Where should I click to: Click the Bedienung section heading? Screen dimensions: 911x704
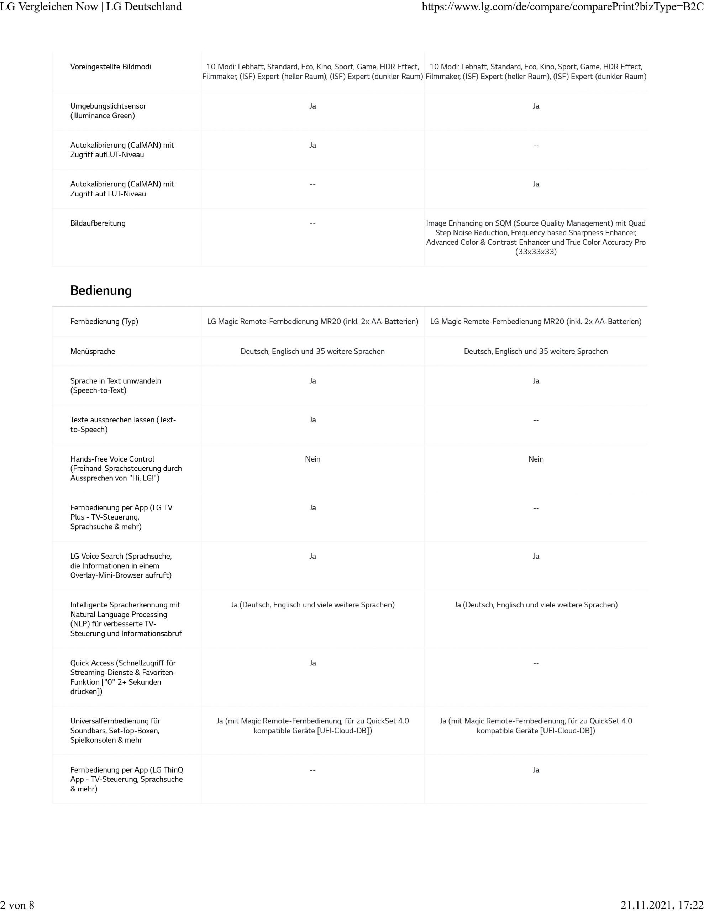(x=101, y=290)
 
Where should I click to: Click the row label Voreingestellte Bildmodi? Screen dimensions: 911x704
(x=111, y=67)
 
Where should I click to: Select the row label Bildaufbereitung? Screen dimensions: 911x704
(x=98, y=223)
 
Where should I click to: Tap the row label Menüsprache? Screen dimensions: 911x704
(x=93, y=351)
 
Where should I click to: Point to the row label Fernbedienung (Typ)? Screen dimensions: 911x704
(x=104, y=322)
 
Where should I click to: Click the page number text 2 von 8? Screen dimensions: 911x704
(x=17, y=904)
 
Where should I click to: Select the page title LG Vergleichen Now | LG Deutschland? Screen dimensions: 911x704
(x=91, y=7)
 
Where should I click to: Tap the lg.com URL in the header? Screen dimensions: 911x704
(x=563, y=7)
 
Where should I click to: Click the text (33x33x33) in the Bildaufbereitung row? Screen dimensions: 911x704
(x=536, y=252)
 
